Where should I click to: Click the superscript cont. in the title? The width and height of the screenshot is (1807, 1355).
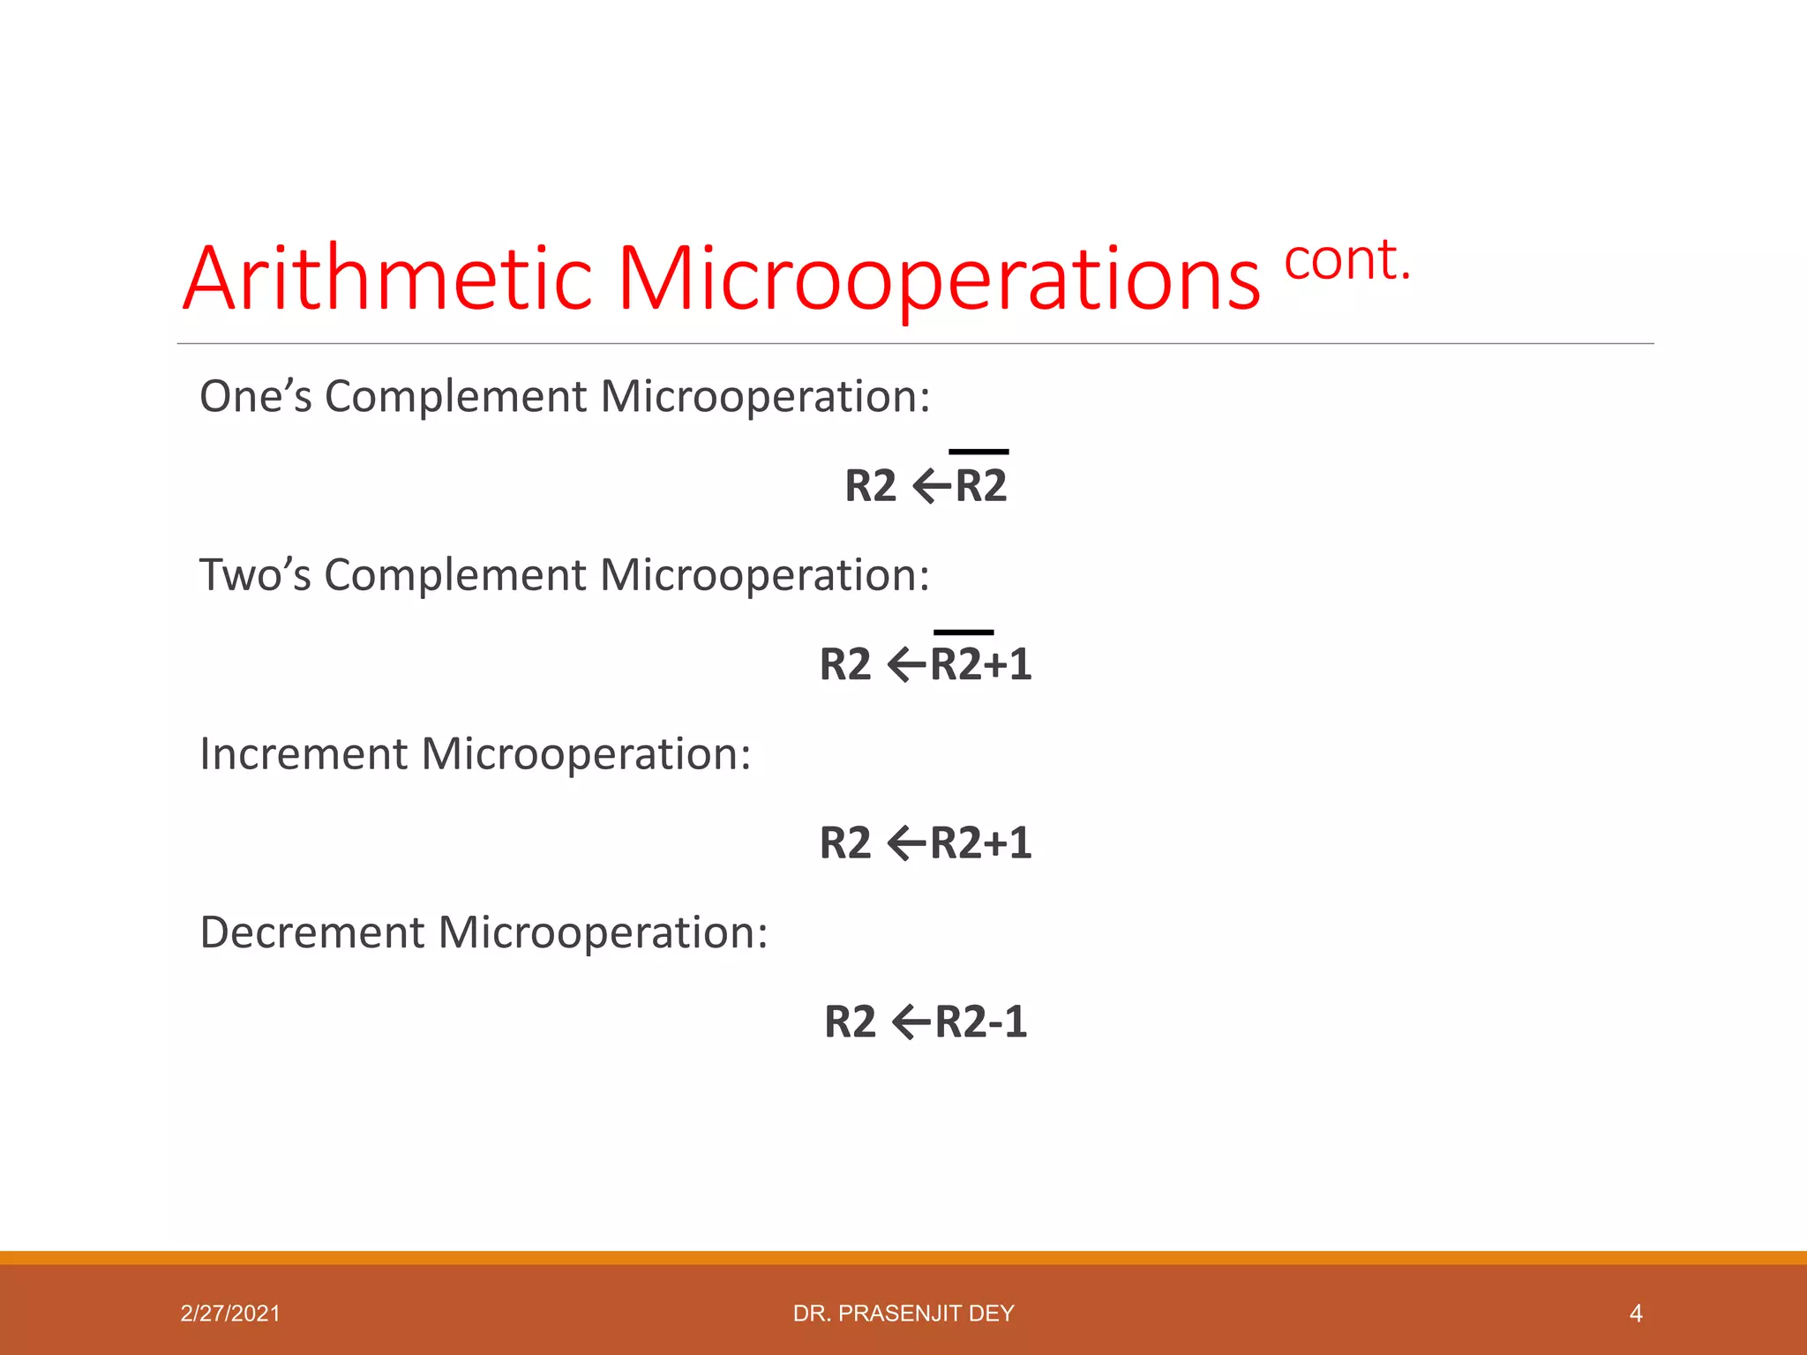point(1346,261)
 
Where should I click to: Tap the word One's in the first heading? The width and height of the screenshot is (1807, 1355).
point(256,396)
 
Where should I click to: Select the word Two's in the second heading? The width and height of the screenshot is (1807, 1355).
point(256,575)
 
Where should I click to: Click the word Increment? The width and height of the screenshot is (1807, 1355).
point(304,754)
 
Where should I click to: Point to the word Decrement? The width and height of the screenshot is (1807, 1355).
point(312,933)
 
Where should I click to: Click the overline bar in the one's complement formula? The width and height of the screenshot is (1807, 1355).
point(978,452)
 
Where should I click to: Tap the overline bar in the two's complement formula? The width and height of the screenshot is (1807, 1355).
point(963,632)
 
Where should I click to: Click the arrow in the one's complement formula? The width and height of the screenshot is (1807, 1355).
point(932,486)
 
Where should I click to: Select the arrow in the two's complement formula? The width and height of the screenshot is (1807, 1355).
point(906,665)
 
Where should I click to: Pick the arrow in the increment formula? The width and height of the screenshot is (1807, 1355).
point(906,844)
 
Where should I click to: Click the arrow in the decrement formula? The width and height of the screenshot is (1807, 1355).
point(911,1023)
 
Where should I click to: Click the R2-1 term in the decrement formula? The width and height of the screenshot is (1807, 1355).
point(981,1022)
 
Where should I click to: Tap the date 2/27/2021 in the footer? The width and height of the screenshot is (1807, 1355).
point(230,1314)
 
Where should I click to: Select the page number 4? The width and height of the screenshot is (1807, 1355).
point(1635,1314)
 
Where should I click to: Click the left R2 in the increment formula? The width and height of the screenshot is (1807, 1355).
point(845,843)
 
